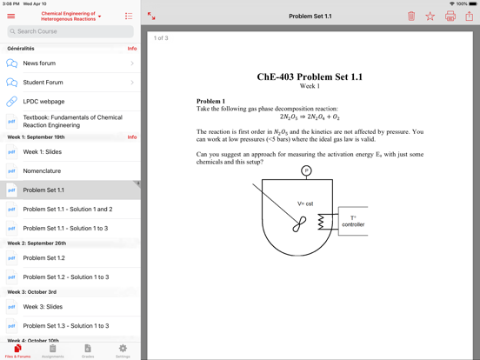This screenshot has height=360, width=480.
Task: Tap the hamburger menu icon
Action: pyautogui.click(x=11, y=16)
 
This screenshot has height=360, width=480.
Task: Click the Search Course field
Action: pyautogui.click(x=70, y=31)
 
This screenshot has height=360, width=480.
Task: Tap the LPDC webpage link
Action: pyautogui.click(x=43, y=102)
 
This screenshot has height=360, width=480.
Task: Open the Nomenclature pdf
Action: pyautogui.click(x=42, y=171)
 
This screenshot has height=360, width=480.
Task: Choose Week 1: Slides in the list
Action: pyautogui.click(x=42, y=152)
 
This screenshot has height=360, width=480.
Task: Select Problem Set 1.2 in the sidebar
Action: pyautogui.click(x=43, y=258)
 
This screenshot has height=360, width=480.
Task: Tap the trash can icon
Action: pyautogui.click(x=411, y=16)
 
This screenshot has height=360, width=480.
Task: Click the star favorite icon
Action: pyautogui.click(x=430, y=16)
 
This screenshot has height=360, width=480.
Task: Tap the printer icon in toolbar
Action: pyautogui.click(x=450, y=16)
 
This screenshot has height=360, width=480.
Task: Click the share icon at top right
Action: pyautogui.click(x=469, y=15)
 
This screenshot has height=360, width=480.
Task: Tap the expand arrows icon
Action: pyautogui.click(x=151, y=16)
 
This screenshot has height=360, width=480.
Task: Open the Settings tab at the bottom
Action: pyautogui.click(x=123, y=350)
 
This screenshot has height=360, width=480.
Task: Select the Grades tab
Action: pyautogui.click(x=88, y=350)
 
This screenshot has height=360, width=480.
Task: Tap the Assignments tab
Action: pyautogui.click(x=52, y=350)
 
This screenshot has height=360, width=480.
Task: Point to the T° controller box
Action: pyautogui.click(x=353, y=221)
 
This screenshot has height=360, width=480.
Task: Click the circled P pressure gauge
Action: pyautogui.click(x=306, y=170)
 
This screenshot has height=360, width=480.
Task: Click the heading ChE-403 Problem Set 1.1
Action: pyautogui.click(x=310, y=77)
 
